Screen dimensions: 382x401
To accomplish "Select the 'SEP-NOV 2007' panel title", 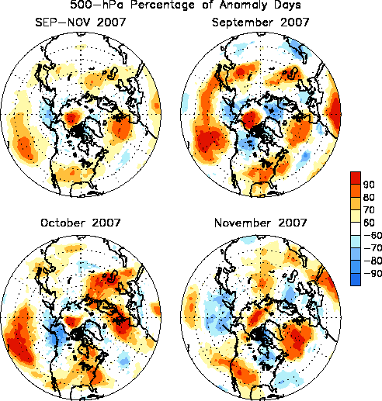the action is tap(80, 22).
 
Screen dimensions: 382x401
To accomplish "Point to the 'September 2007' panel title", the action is tap(260, 22).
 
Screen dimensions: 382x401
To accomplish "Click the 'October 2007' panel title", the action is tap(81, 223).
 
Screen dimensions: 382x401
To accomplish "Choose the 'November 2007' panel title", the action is tap(260, 223).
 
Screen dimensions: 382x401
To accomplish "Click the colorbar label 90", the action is tap(369, 185).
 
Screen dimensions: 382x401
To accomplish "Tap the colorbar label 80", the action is tap(369, 197).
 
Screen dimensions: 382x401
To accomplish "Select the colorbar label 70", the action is tap(369, 210).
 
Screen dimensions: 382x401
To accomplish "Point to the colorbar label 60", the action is tap(369, 223).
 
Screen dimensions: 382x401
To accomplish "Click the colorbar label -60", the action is tap(373, 235).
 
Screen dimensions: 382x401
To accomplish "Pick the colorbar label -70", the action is tap(373, 248).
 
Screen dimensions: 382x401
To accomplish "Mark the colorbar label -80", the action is tap(373, 261).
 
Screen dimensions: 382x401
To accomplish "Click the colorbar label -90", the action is tap(373, 273).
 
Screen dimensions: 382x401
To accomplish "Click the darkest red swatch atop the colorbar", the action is tap(356, 178).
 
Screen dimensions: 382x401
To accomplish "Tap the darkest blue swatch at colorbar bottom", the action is tap(356, 279).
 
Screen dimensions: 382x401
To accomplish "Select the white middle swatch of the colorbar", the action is tap(356, 229).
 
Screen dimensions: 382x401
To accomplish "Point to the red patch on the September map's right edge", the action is tap(335, 113).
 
